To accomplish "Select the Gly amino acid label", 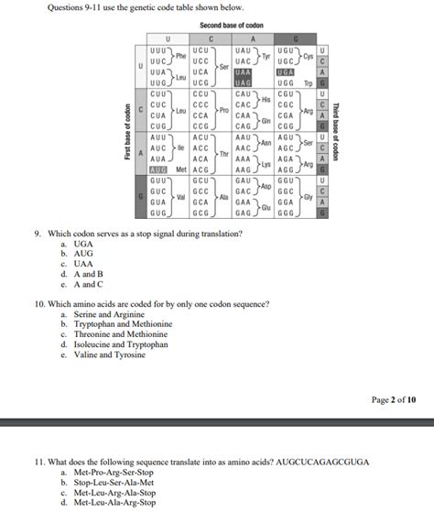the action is point(309,198).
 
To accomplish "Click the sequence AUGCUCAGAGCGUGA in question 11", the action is point(320,461).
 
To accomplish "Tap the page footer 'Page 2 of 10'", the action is point(394,399).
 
